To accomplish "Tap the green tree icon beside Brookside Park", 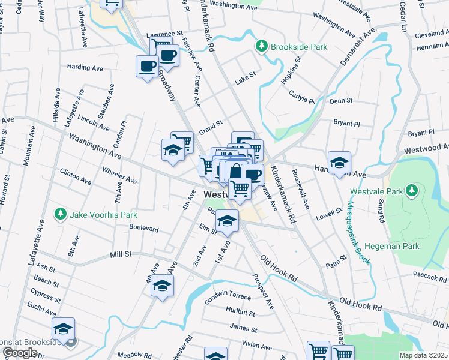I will click(262, 46).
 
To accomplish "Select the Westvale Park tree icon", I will click(411, 190).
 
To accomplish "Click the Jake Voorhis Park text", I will click(104, 215).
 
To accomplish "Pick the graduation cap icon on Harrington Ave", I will click(339, 163).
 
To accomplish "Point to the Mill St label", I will click(121, 255).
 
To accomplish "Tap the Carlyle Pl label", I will click(301, 98).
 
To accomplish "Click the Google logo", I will click(20, 353).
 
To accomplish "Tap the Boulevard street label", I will click(144, 229).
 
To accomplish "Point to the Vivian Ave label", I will click(257, 344).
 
